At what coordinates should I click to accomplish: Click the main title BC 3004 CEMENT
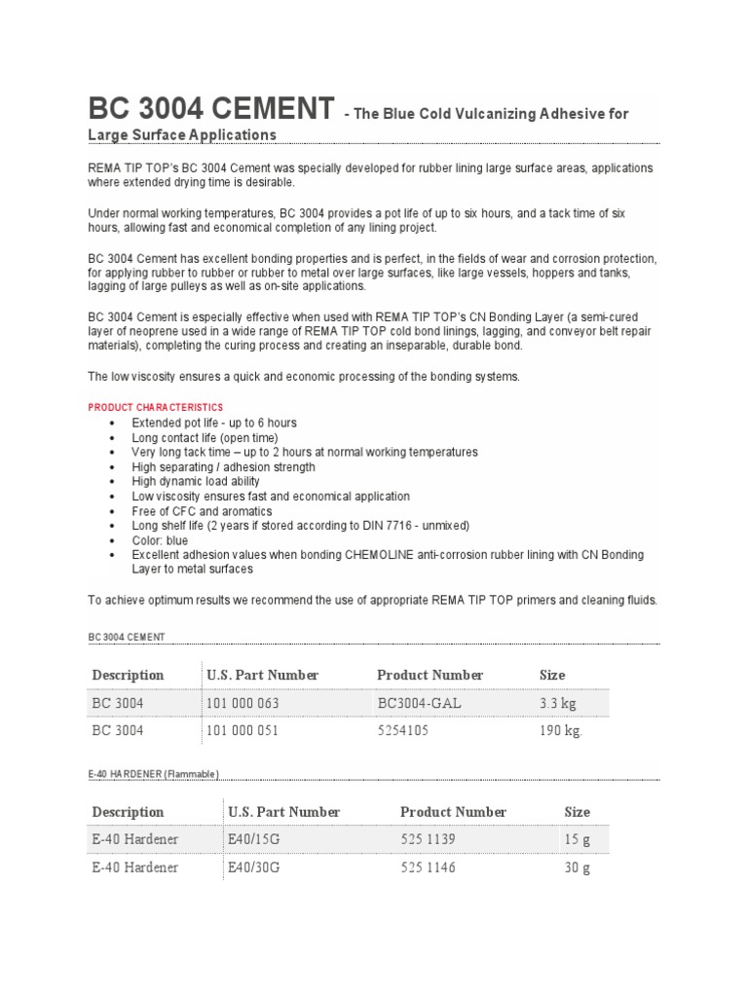210,110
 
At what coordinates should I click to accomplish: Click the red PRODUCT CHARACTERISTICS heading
155,407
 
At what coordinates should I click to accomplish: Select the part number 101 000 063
242,703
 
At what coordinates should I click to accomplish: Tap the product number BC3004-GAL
419,703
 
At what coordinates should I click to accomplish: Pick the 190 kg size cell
559,731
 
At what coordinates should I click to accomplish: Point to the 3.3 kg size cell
559,703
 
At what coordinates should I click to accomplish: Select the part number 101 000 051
242,731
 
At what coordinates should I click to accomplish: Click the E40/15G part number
254,839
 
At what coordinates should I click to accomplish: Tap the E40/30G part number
254,868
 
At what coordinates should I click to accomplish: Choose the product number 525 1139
428,839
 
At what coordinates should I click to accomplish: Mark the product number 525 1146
428,868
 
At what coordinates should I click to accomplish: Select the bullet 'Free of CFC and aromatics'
202,511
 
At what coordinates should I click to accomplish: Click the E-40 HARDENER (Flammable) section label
154,774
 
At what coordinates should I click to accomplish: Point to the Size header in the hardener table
577,812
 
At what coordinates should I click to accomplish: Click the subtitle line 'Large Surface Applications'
182,134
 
